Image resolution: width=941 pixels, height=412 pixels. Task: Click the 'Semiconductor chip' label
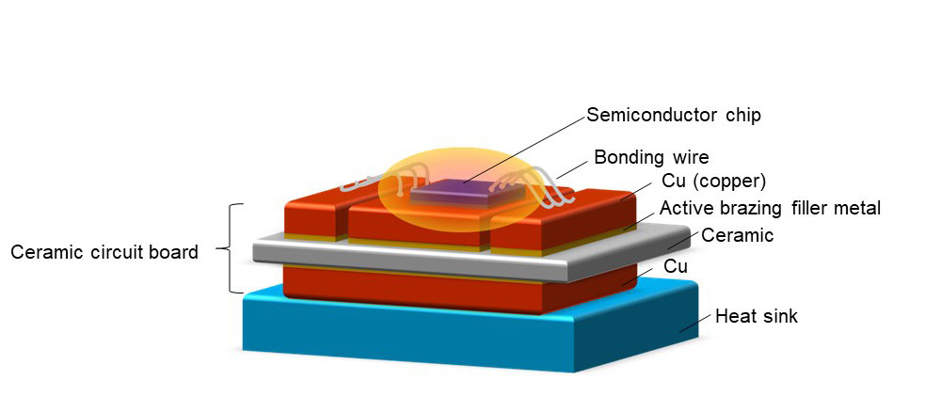click(x=673, y=116)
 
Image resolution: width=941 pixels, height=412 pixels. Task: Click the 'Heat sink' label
click(x=756, y=316)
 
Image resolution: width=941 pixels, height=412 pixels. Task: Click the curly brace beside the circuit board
click(x=229, y=248)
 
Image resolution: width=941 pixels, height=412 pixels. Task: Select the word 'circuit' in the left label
click(x=110, y=252)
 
